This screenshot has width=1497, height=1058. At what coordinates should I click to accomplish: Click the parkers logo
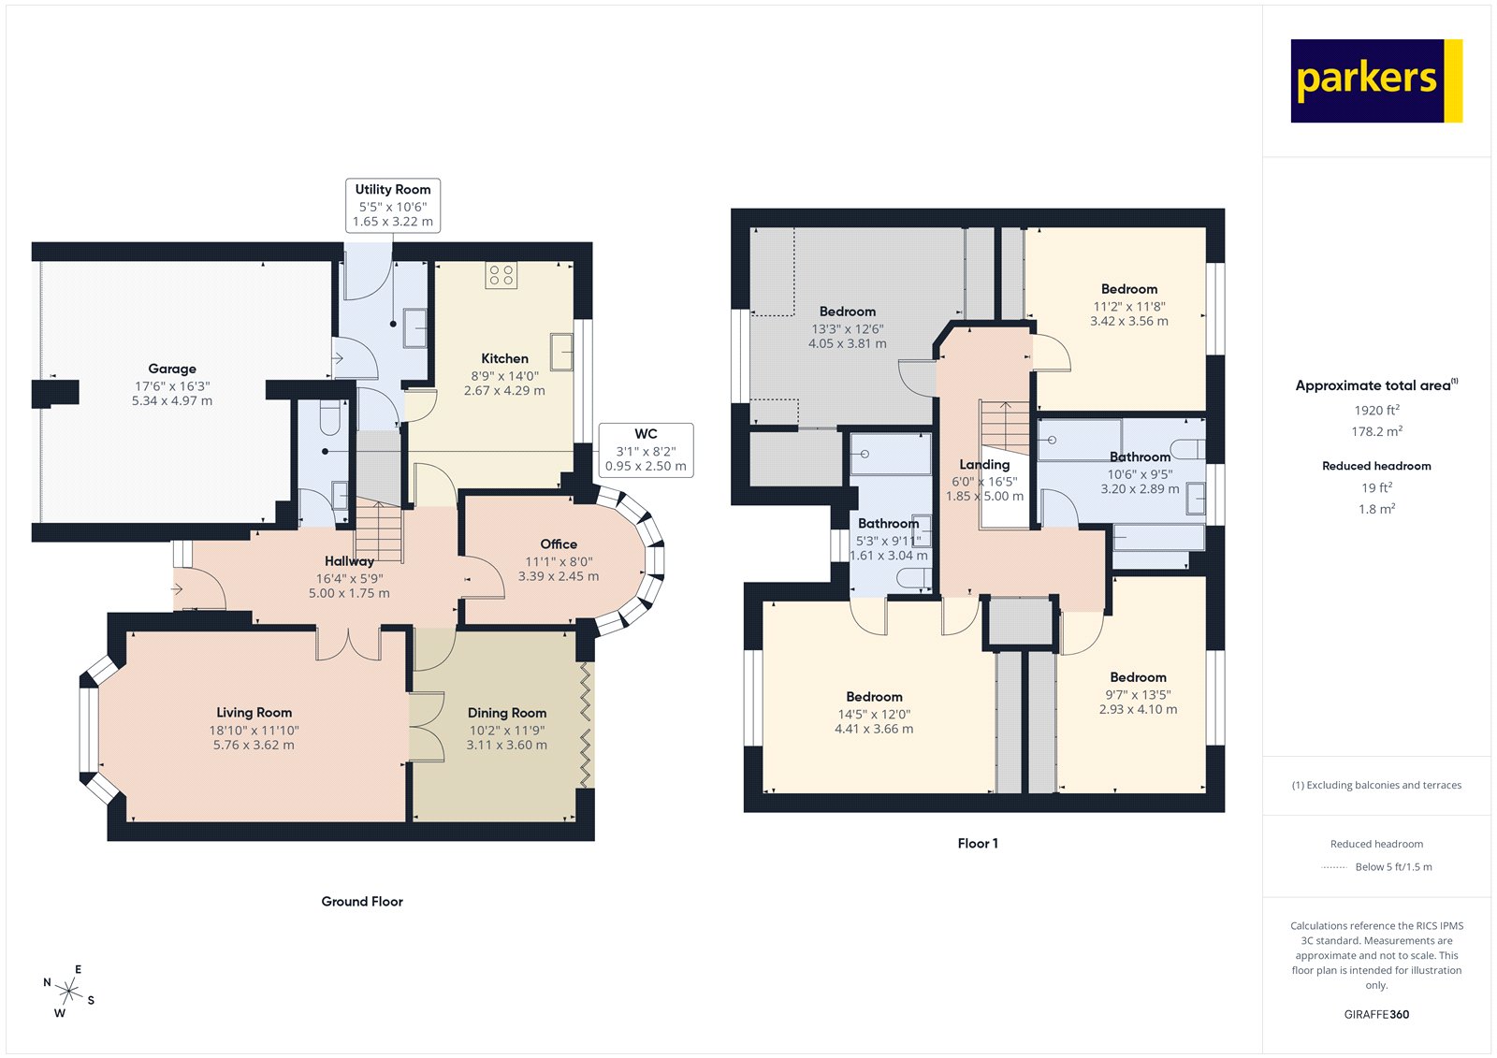(x=1375, y=80)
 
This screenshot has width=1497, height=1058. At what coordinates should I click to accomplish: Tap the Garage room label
(x=172, y=370)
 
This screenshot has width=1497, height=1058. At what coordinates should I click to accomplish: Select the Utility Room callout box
(x=393, y=205)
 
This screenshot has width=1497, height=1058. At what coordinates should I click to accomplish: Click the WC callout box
(x=646, y=450)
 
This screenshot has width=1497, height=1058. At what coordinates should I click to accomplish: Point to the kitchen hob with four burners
(x=501, y=275)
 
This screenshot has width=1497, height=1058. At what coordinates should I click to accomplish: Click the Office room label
(x=559, y=544)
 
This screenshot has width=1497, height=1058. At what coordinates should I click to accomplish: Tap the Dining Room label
(x=507, y=713)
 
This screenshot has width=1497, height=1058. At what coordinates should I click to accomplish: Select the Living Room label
(x=254, y=713)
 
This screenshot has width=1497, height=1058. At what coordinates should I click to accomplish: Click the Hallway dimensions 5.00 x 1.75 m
(x=349, y=593)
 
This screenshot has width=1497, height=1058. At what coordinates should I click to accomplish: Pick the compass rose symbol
(x=68, y=990)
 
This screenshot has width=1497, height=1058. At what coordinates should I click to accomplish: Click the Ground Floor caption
(x=362, y=902)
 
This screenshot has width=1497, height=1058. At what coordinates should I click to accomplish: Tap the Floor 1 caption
(x=978, y=844)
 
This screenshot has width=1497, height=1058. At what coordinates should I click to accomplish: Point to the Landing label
(x=984, y=465)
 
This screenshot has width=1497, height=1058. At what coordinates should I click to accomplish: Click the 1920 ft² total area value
(x=1376, y=410)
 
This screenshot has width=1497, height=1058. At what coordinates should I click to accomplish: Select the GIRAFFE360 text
(x=1376, y=1014)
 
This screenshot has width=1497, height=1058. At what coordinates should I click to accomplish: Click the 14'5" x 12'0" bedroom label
(x=874, y=714)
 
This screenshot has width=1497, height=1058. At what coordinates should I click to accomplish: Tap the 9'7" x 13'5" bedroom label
(x=1138, y=694)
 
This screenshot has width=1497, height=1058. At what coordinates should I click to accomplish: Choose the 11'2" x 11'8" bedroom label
(x=1129, y=306)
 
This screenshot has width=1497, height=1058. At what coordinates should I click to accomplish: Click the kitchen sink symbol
(x=561, y=352)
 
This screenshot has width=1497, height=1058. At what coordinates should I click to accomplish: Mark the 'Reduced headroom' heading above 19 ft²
(x=1376, y=466)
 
